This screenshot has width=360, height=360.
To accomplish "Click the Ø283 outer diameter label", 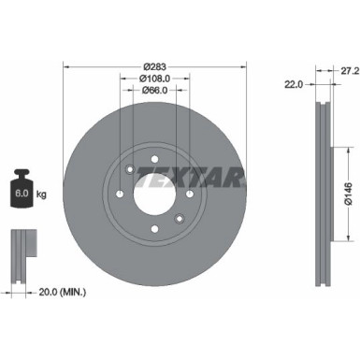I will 154,65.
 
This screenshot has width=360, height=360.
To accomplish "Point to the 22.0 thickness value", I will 293,84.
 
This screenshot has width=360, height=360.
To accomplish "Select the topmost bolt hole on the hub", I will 155,160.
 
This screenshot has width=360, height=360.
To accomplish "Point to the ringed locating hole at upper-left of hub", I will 128,169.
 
